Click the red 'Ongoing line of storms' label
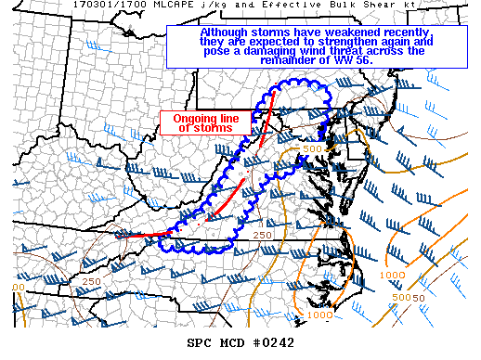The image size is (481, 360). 201,122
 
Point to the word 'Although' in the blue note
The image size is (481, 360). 225,32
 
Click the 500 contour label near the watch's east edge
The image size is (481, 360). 312,148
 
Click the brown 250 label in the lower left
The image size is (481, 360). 91,281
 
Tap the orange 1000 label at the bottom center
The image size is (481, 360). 318,315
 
